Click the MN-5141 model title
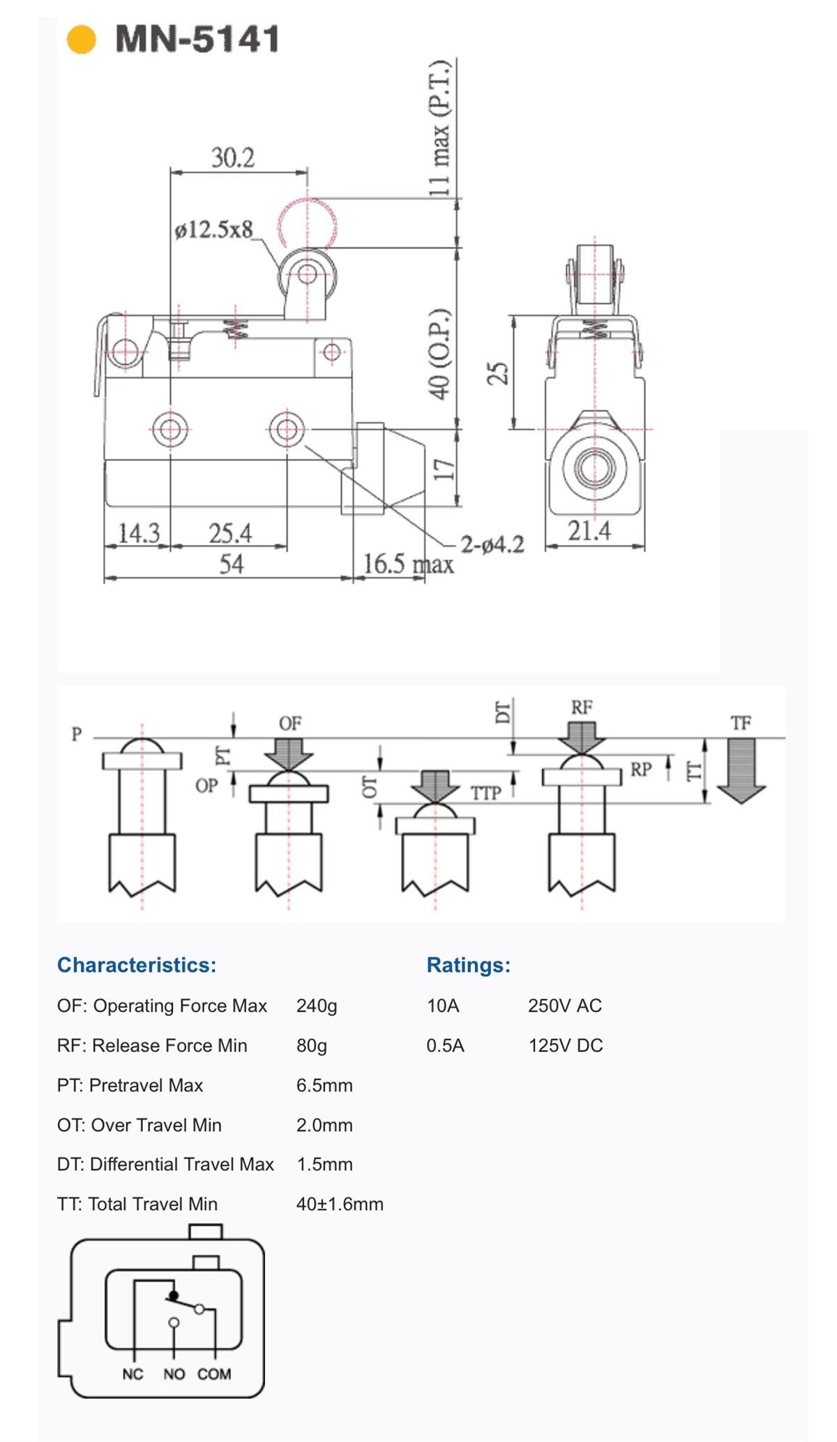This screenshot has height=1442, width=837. point(197,39)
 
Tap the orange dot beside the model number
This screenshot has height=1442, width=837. point(81,39)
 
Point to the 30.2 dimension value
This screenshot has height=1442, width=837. point(233,158)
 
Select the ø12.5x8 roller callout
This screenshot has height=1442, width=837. point(214,230)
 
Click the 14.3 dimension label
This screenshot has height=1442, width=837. point(139,534)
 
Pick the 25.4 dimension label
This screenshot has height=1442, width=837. point(230,534)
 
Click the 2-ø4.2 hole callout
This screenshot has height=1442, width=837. point(492,544)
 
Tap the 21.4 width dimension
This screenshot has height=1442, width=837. point(589,531)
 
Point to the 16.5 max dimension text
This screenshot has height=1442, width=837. point(408,564)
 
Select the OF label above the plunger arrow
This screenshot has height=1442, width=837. point(290,723)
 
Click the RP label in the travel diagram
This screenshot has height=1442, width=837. point(641,769)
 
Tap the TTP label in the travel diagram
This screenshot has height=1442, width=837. point(486,793)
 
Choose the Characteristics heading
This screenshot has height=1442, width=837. point(137,965)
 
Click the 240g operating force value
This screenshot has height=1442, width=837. point(317,1005)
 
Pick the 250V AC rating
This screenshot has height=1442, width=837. point(565,1005)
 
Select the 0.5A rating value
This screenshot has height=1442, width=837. point(445,1045)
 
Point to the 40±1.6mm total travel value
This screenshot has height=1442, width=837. point(340,1204)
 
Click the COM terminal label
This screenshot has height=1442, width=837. point(214,1374)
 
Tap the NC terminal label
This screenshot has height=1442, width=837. point(133,1374)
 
